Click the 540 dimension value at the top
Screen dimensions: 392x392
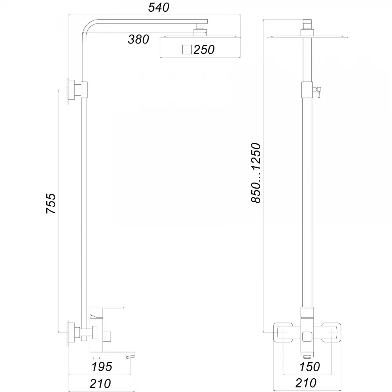click(158, 7)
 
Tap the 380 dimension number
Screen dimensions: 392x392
click(138, 40)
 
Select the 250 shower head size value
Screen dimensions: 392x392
click(204, 50)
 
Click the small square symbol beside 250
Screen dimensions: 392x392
click(187, 49)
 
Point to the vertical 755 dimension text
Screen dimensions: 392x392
click(51, 203)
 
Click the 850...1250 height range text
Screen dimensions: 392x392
click(256, 173)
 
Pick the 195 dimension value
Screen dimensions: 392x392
click(102, 367)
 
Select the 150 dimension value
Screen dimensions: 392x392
click(310, 367)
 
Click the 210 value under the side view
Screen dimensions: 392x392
click(100, 383)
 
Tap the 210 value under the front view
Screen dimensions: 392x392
click(306, 383)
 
